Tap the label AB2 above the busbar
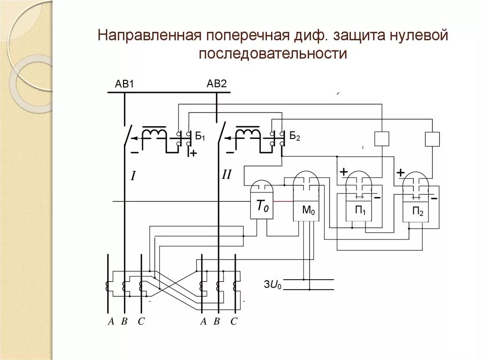tap(217, 84)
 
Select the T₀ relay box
tap(262, 207)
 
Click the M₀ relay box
tap(307, 211)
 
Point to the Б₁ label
tap(200, 137)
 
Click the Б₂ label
tap(294, 137)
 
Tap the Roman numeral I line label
tap(133, 176)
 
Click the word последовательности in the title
tap(272, 54)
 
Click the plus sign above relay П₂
tap(400, 173)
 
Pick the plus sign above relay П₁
tap(343, 172)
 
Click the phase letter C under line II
tap(234, 322)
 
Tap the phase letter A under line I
tap(111, 322)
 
